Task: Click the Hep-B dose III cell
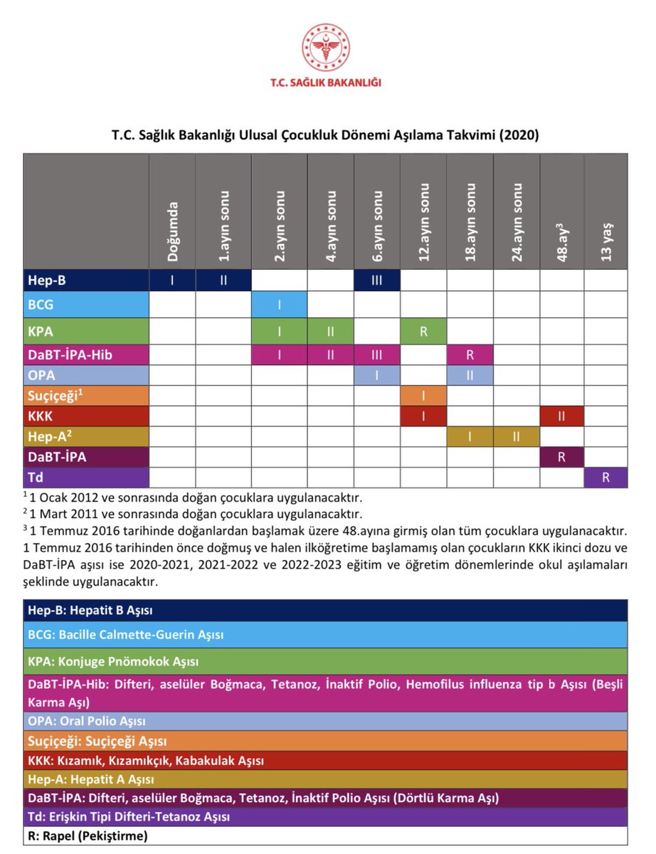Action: pyautogui.click(x=376, y=280)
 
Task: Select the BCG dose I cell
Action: pyautogui.click(x=280, y=305)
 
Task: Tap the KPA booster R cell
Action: pyautogui.click(x=423, y=332)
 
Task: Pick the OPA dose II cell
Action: pyautogui.click(x=470, y=375)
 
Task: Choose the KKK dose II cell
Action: pyautogui.click(x=561, y=416)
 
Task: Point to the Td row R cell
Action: pyautogui.click(x=605, y=478)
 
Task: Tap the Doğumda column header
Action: pyautogui.click(x=172, y=231)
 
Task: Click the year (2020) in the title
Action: pyautogui.click(x=517, y=135)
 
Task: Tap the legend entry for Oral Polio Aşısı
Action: pyautogui.click(x=87, y=721)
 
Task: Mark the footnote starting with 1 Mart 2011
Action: pyautogui.click(x=192, y=514)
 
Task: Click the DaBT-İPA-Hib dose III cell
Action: pyautogui.click(x=376, y=354)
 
